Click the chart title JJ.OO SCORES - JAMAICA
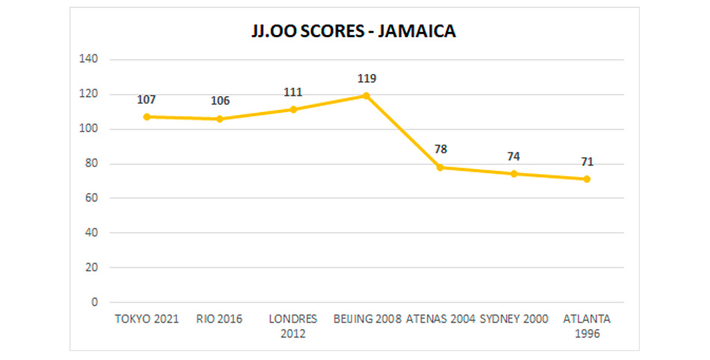(x=354, y=33)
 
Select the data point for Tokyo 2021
(x=146, y=117)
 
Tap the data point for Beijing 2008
(x=366, y=96)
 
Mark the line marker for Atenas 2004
(x=440, y=167)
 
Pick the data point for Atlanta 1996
(x=587, y=179)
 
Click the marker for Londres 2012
(x=293, y=109)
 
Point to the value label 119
(x=366, y=78)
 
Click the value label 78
(x=440, y=149)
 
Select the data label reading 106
(x=220, y=101)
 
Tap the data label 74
(x=513, y=156)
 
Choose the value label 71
(x=587, y=162)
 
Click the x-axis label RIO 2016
(x=220, y=319)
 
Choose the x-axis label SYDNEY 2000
(x=513, y=319)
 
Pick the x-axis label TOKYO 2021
(x=146, y=319)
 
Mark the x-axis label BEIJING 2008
(x=366, y=319)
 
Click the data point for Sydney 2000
(x=513, y=174)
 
